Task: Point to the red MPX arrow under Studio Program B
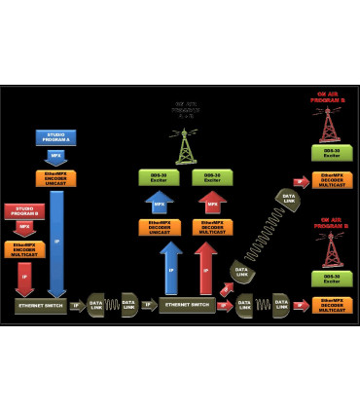[23, 229]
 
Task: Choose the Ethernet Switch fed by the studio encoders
[42, 305]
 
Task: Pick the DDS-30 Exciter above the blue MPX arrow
[162, 177]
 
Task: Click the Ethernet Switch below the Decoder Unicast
[189, 305]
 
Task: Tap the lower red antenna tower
[330, 251]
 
